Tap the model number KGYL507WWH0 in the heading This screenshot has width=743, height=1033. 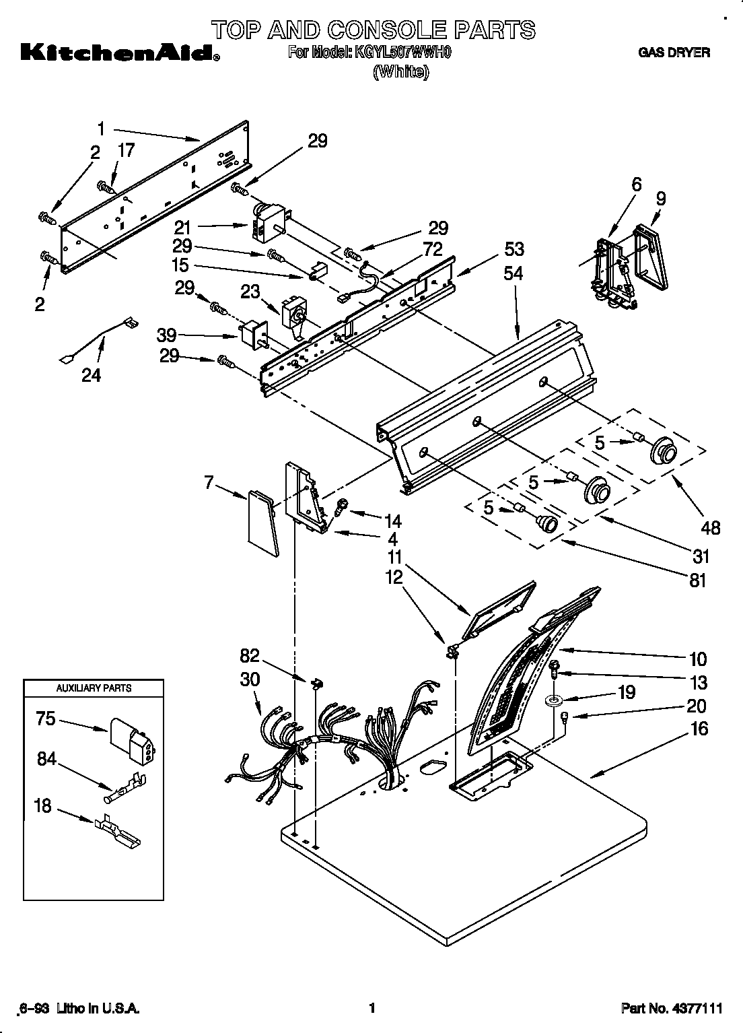pyautogui.click(x=398, y=53)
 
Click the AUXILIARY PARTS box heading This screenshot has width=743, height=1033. pyautogui.click(x=94, y=688)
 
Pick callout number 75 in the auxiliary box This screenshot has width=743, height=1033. pyautogui.click(x=46, y=719)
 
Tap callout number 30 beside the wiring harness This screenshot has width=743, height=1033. pyautogui.click(x=250, y=679)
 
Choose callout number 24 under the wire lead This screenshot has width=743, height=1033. pyautogui.click(x=91, y=374)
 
